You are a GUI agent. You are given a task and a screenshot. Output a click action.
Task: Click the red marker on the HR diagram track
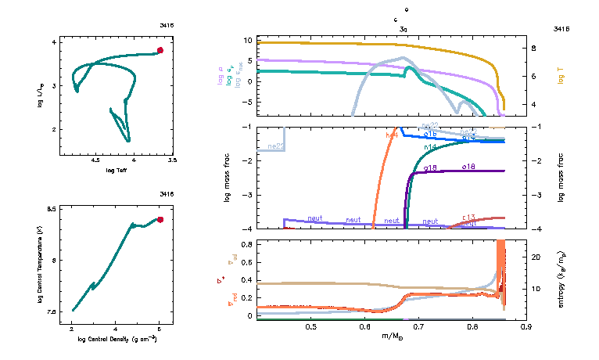tap(160, 50)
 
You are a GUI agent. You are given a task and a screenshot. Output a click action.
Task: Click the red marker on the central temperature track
tap(160, 220)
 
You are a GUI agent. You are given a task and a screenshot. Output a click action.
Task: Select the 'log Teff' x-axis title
tap(117, 169)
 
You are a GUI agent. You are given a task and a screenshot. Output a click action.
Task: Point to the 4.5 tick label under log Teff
tap(96, 160)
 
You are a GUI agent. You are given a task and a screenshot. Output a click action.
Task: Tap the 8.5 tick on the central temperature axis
tap(52, 210)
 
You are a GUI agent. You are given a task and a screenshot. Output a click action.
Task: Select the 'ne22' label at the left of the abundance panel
tap(275, 146)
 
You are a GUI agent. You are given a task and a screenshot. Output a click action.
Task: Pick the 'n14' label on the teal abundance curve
tap(430, 146)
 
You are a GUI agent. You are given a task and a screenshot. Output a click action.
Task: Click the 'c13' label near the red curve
tap(469, 217)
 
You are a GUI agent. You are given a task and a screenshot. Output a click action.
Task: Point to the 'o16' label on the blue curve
tap(430, 135)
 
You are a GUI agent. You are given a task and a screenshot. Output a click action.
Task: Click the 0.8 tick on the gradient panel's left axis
tap(246, 244)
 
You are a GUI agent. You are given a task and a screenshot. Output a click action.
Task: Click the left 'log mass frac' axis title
tap(228, 178)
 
